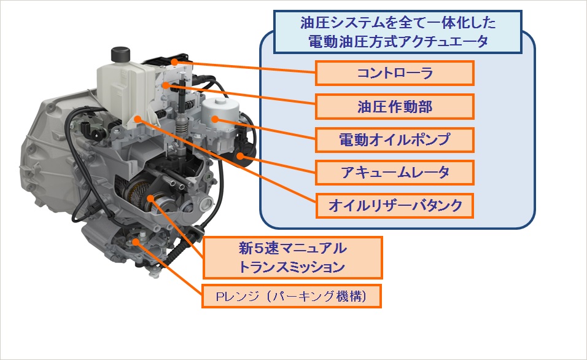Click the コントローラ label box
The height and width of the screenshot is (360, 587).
(395, 73)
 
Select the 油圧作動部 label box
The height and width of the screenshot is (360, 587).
(395, 106)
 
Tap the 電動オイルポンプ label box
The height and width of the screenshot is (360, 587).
(395, 139)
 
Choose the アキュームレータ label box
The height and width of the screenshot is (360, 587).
(395, 173)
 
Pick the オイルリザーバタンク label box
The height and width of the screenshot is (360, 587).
(395, 206)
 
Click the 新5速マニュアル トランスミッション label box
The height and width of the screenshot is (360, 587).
(293, 257)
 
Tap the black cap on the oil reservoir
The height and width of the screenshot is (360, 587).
(119, 54)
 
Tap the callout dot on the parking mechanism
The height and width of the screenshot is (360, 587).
(135, 243)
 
